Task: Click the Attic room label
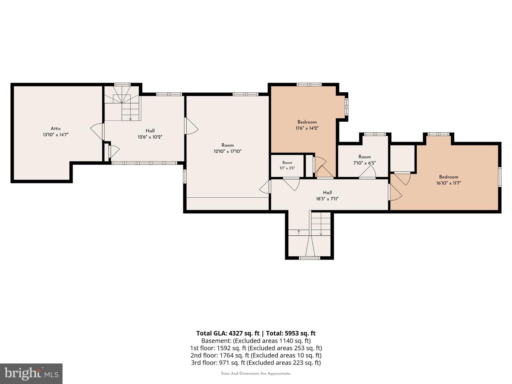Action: [x=56, y=128]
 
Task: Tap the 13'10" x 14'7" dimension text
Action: [x=55, y=135]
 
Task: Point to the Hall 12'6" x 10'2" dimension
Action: [x=150, y=137]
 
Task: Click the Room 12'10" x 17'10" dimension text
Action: [x=228, y=151]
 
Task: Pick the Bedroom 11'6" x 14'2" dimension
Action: [x=307, y=128]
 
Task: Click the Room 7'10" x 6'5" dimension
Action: [x=364, y=163]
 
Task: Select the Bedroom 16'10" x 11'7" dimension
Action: [x=449, y=183]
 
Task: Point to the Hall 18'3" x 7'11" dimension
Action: [x=327, y=199]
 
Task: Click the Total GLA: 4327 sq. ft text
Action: [x=228, y=334]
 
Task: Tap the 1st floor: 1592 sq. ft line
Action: [x=256, y=348]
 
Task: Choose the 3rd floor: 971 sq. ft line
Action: [x=256, y=363]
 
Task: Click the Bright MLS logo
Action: [x=31, y=374]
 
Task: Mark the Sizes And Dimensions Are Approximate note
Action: [x=256, y=373]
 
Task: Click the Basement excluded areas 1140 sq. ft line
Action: [x=256, y=341]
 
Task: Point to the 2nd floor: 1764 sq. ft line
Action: [x=256, y=356]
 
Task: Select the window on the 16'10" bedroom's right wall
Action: [x=500, y=177]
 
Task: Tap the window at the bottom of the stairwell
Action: [x=310, y=258]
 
